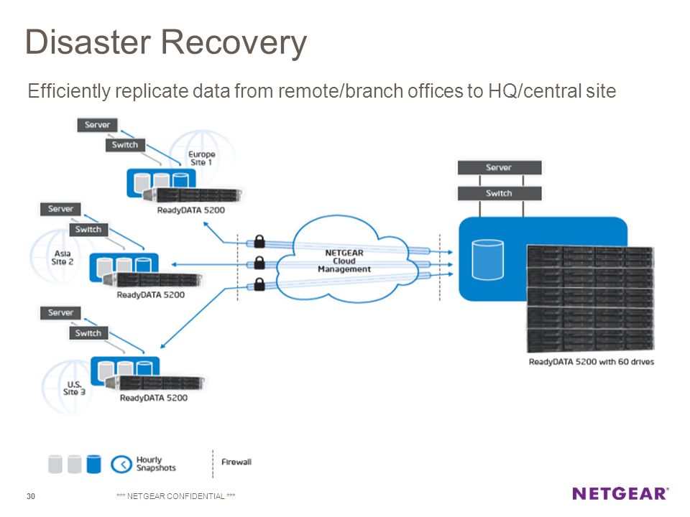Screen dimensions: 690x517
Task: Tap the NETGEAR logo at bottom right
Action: click(620, 494)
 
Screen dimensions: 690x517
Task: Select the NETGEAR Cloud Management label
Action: click(344, 261)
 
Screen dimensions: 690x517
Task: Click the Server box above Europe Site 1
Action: click(97, 125)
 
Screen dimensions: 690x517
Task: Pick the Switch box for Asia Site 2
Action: click(88, 230)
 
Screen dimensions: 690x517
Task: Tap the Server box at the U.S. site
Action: click(60, 312)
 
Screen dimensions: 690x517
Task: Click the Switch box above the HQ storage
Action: click(500, 193)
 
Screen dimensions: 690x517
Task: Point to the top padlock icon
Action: click(259, 241)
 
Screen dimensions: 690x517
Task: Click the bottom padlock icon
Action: click(259, 284)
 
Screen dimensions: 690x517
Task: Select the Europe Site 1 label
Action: click(201, 158)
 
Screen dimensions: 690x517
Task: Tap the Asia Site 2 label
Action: click(62, 258)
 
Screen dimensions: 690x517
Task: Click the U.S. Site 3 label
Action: click(74, 388)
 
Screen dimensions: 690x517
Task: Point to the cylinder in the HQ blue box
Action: click(487, 259)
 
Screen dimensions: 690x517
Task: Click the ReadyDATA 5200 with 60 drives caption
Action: click(591, 362)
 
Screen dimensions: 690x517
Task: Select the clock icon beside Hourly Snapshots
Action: click(121, 465)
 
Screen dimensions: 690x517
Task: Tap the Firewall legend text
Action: click(236, 462)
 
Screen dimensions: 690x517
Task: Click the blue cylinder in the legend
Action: click(93, 465)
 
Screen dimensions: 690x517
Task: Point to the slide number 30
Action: click(31, 496)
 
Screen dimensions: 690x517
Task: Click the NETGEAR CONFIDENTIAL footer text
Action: click(175, 496)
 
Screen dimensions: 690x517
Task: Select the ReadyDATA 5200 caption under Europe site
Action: click(191, 210)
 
